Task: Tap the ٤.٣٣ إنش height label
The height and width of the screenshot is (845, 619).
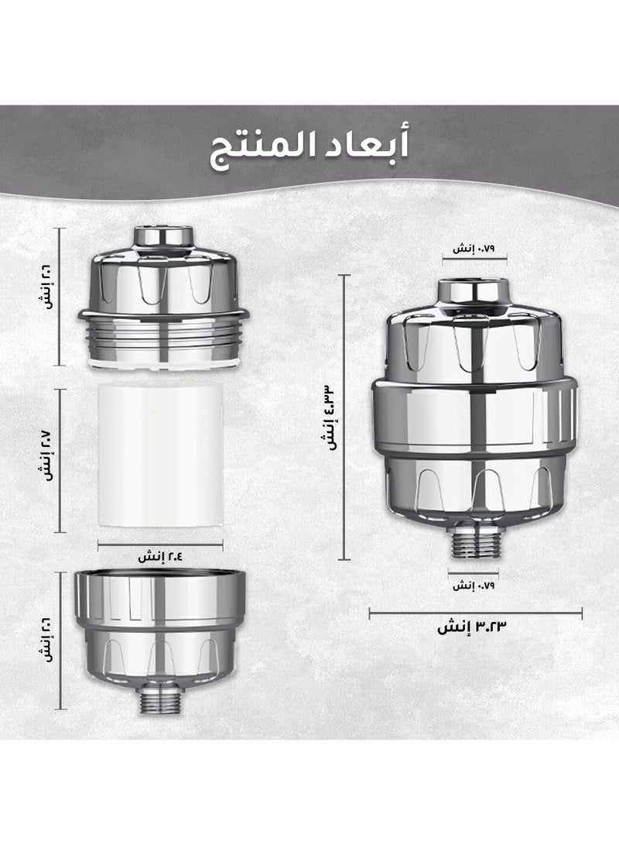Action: [329, 417]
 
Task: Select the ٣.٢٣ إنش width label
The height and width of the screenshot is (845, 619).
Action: [472, 627]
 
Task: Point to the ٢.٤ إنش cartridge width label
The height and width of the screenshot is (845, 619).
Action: [160, 556]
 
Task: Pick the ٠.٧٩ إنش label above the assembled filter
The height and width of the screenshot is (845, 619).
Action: [473, 249]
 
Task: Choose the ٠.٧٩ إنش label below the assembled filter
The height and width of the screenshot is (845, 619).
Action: [473, 586]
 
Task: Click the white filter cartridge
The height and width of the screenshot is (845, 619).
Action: [160, 455]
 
